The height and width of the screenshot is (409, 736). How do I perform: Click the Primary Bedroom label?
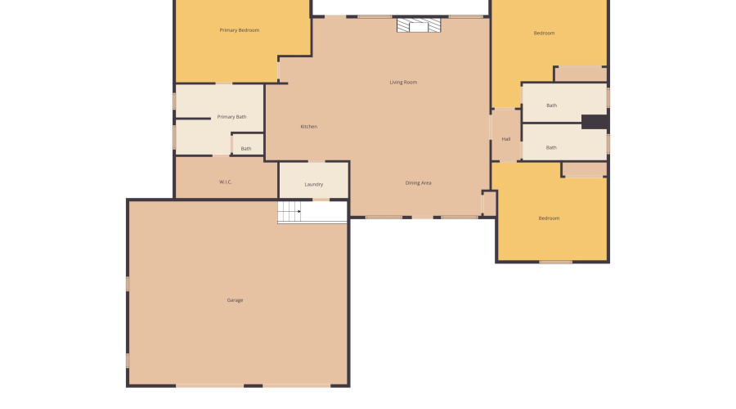point(240,30)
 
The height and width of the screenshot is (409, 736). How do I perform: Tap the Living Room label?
point(403,82)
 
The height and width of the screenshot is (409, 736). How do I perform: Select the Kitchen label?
point(308,127)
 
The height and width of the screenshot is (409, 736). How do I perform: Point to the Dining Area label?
point(418,183)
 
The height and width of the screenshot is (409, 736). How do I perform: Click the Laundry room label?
point(314,185)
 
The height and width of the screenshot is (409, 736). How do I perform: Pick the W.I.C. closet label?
point(226,182)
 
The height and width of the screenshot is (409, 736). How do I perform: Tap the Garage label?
point(235,300)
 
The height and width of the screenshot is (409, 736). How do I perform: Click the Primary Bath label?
point(231,117)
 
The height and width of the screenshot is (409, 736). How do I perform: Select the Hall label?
point(506,139)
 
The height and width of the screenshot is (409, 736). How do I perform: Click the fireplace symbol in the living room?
point(419,26)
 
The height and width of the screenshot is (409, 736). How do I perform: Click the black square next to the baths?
point(595,122)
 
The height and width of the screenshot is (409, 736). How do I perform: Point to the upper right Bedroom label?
point(544,34)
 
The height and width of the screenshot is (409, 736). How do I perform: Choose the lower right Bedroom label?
point(549,218)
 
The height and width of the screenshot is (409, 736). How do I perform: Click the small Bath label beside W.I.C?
point(246,149)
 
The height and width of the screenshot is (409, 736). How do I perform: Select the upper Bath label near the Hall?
point(552,106)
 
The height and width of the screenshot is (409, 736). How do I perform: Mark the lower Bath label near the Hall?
point(552,148)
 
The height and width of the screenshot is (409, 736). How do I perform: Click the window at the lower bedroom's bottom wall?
point(556,262)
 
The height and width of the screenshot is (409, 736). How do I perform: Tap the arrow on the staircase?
point(299,212)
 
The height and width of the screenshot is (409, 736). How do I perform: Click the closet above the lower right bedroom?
point(584,169)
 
